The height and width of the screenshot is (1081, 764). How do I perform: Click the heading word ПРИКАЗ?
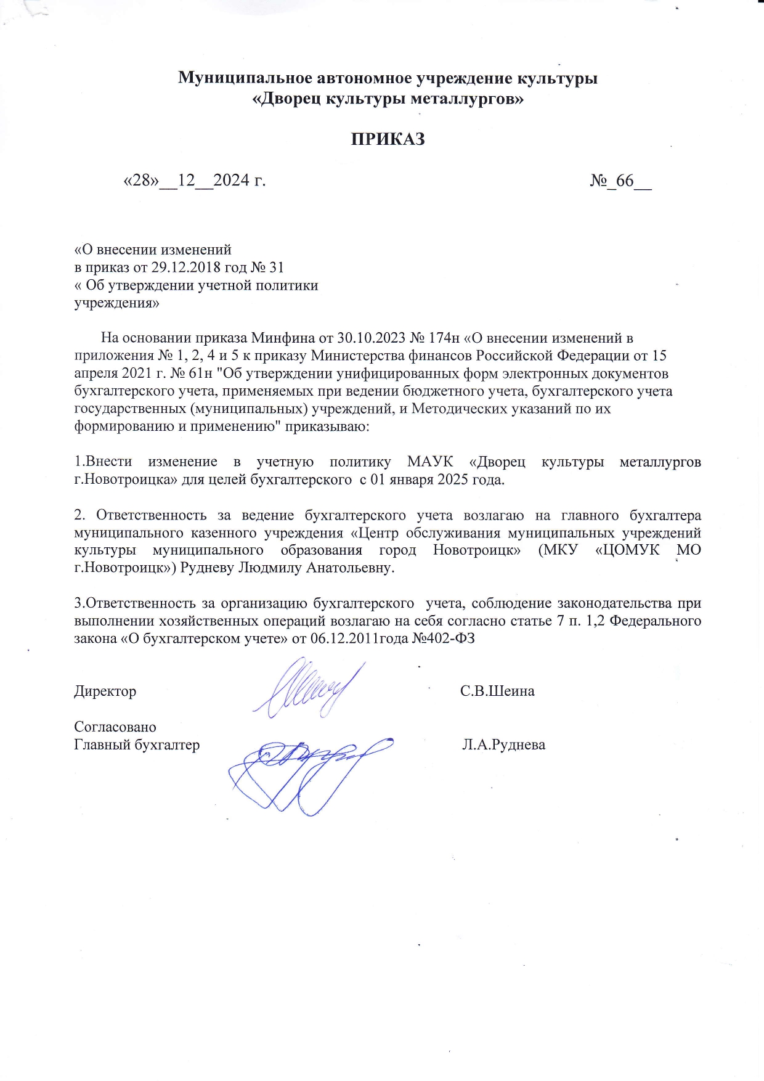pos(388,139)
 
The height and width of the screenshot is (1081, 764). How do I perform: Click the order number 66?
pos(624,181)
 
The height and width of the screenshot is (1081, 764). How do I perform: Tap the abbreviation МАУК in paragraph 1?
pos(430,462)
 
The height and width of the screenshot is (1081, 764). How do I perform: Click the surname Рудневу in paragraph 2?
pos(207,568)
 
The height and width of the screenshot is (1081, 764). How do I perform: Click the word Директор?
pos(105,691)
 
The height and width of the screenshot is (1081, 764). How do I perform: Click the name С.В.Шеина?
pos(497,691)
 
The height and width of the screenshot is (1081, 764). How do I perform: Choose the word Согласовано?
pos(115,727)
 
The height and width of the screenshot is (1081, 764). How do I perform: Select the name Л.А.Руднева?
pos(503,745)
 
